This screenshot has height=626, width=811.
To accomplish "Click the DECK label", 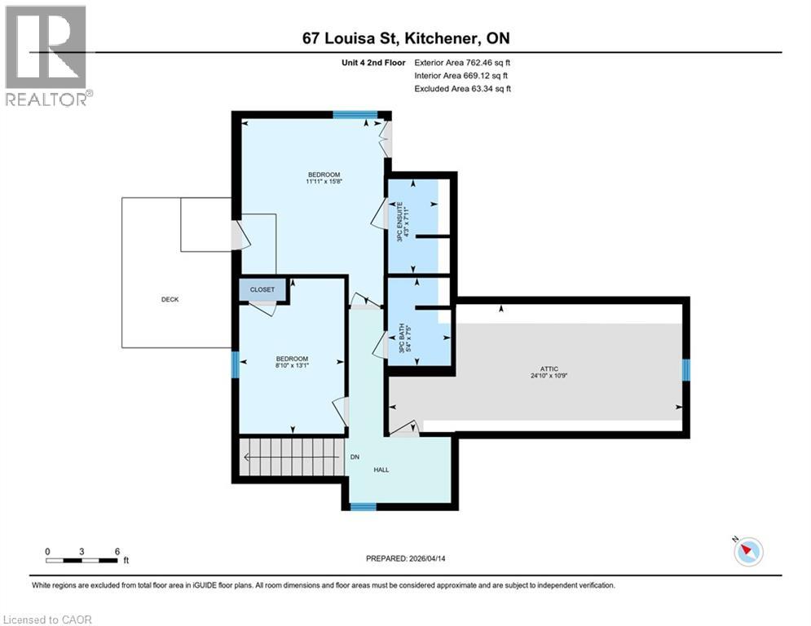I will click(x=169, y=299).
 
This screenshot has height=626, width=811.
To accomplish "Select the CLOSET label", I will click(x=262, y=289).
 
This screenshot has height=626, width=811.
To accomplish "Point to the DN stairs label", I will click(x=355, y=457).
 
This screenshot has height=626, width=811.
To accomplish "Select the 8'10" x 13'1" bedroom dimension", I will click(x=291, y=366).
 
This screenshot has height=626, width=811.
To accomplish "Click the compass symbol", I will click(x=748, y=552).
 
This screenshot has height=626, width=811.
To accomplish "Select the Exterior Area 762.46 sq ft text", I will click(x=463, y=62).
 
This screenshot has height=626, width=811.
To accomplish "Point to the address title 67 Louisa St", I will click(x=405, y=38).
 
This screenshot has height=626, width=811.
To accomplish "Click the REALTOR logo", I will click(x=46, y=55).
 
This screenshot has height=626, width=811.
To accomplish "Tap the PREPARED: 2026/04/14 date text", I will click(x=406, y=559).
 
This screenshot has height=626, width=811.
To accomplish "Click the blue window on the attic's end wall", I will click(x=685, y=370).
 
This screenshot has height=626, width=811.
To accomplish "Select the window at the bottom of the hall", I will click(x=364, y=506).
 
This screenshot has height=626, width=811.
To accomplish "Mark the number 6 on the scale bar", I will click(x=117, y=552).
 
